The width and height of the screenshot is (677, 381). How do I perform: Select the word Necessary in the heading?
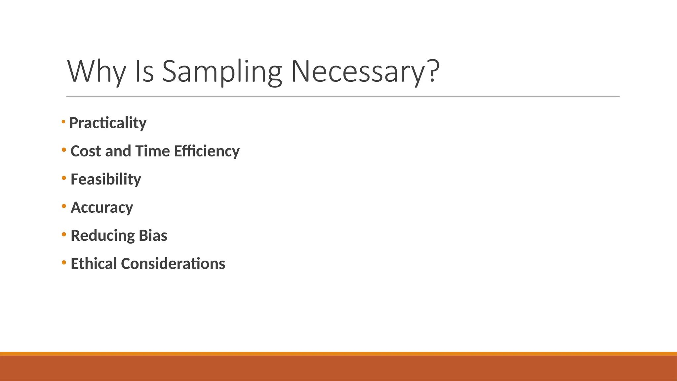pos(357,71)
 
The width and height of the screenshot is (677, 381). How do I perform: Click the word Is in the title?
pos(144,71)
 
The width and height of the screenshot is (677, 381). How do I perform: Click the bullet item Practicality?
pos(108,123)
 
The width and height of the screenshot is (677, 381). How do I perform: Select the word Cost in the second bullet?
pos(86,151)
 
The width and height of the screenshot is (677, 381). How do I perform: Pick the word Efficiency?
pos(207,151)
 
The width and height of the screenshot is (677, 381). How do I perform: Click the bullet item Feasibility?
pos(106,179)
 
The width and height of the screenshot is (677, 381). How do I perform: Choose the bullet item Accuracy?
pos(102,208)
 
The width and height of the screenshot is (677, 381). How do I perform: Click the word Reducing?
pos(102,236)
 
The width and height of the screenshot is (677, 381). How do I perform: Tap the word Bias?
pos(153,236)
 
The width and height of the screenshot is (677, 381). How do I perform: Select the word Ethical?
pos(94,264)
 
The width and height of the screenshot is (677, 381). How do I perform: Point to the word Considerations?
pos(173,264)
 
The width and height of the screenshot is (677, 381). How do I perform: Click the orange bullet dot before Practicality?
pos(63,122)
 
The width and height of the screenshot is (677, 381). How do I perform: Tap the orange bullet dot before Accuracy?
pos(64,206)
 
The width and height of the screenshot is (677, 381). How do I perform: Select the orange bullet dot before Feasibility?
pos(64,178)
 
